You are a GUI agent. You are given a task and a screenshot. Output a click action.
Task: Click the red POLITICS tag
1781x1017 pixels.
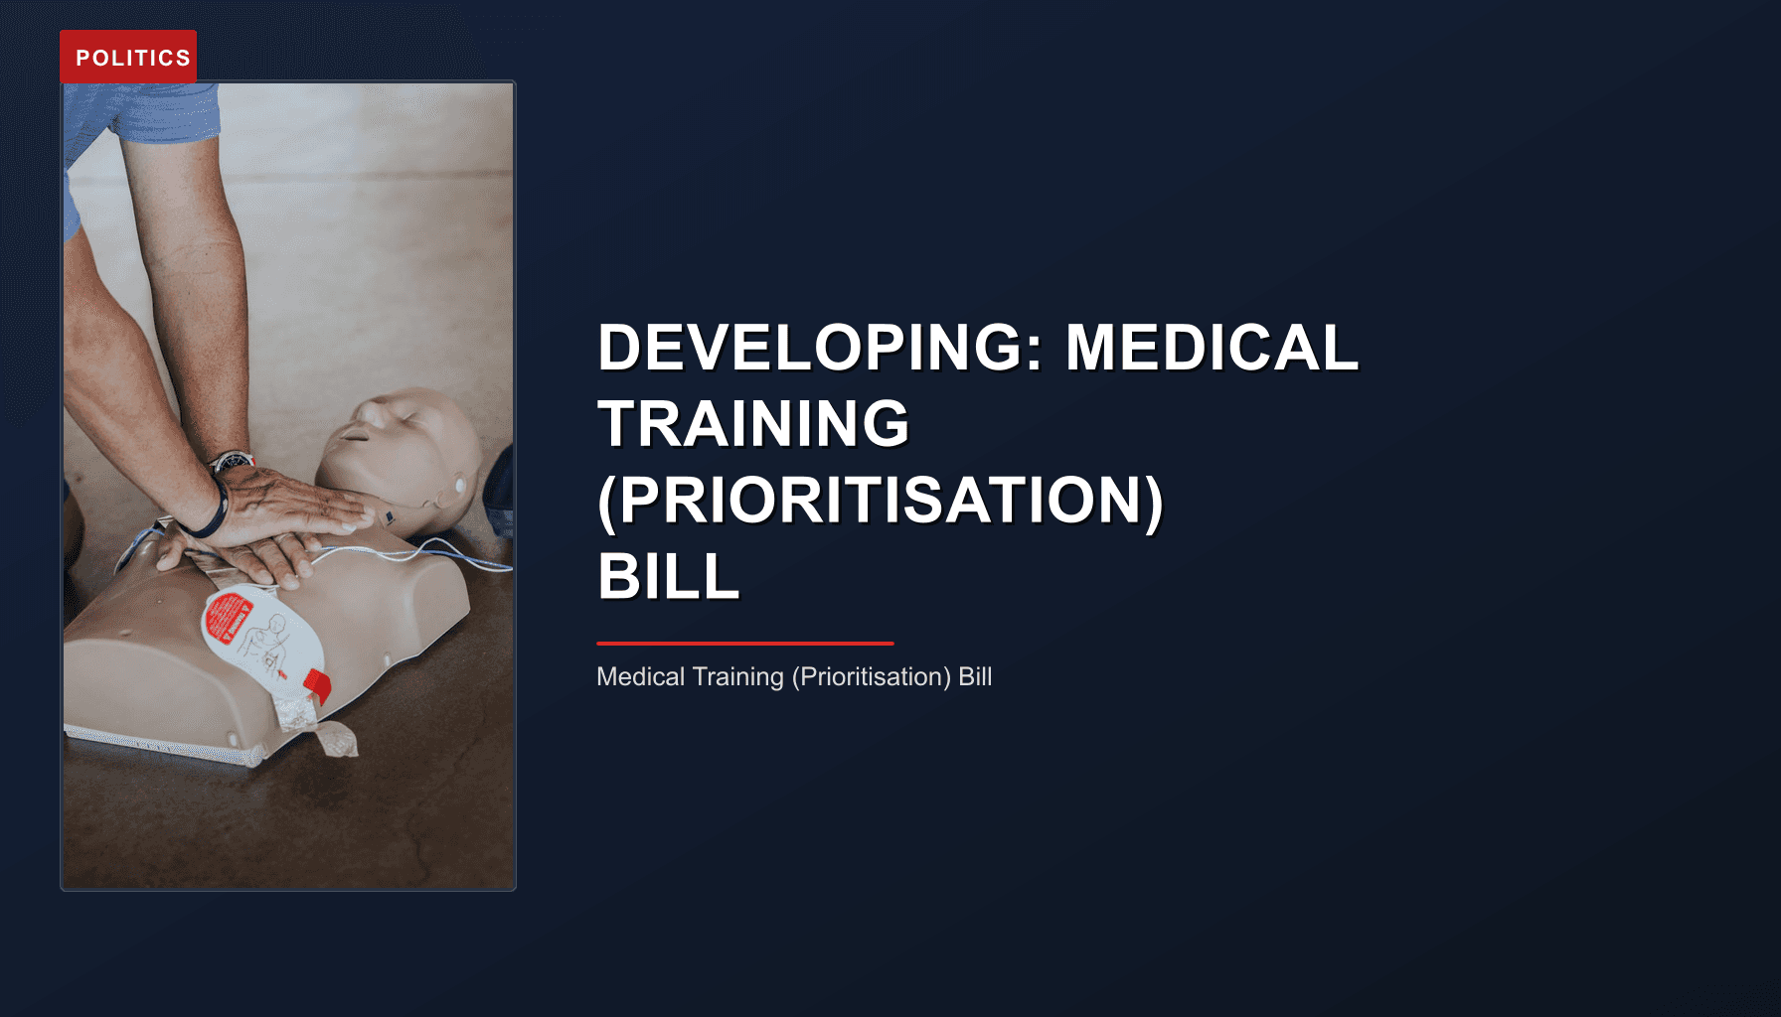pos(128,57)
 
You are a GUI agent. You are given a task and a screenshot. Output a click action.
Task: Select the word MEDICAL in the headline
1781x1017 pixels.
pos(1212,348)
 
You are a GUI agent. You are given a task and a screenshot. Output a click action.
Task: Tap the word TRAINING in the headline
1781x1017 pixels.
pos(753,424)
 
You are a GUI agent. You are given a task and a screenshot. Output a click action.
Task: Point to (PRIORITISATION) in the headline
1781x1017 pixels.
pos(880,500)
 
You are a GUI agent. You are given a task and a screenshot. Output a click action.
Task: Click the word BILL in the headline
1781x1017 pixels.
pos(668,576)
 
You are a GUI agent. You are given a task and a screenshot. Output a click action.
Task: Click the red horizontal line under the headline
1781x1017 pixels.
pos(744,644)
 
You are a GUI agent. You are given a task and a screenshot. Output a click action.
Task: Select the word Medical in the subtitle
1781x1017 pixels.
pos(640,676)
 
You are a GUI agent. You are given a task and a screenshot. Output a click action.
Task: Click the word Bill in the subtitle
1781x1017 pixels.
pos(975,676)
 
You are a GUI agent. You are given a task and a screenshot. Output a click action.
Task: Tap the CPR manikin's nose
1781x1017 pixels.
pos(350,430)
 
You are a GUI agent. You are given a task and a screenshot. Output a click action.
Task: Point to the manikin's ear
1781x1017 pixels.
pos(459,486)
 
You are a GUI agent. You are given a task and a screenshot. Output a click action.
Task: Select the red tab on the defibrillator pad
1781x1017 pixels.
pos(317,684)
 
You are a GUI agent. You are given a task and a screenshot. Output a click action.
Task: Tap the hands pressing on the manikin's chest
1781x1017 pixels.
pos(278,526)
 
